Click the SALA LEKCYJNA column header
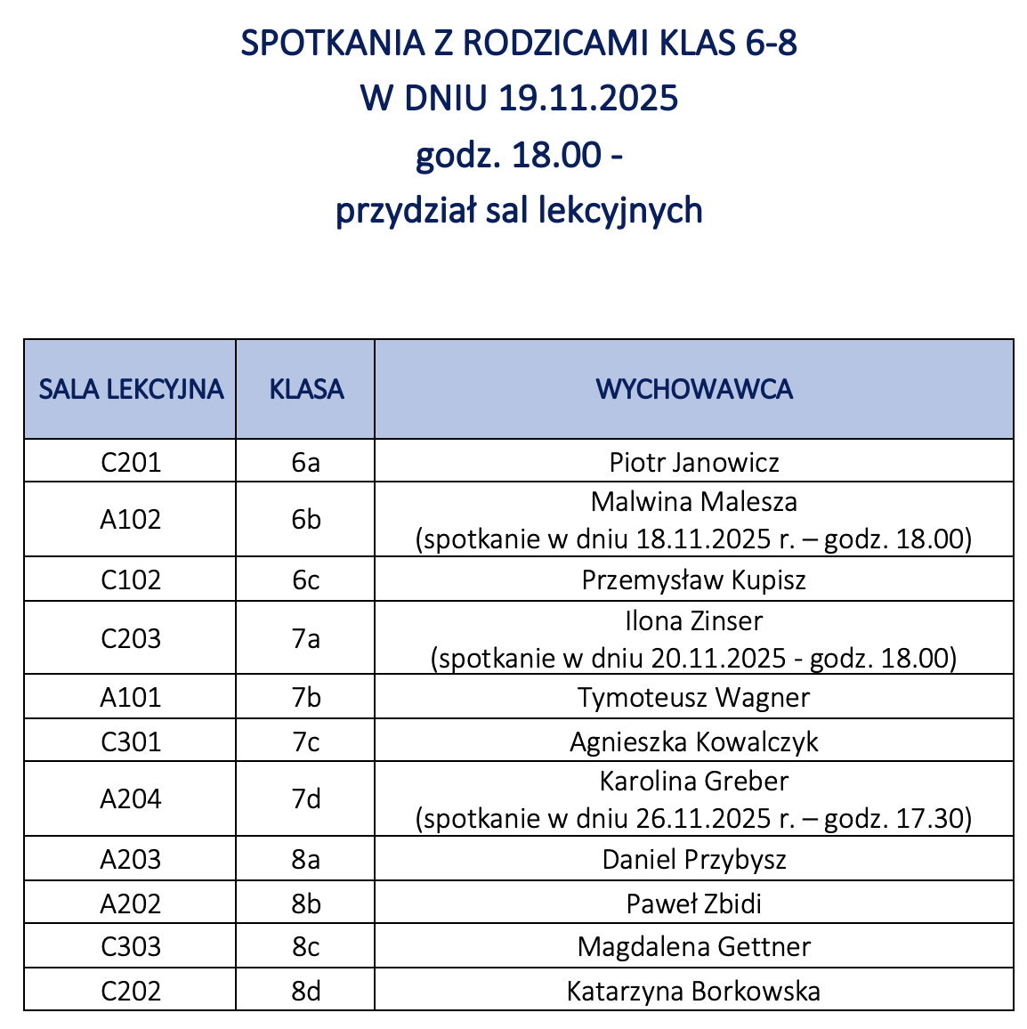131,389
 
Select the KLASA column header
306,389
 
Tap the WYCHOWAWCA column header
694,389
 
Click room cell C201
131,462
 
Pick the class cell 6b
306,520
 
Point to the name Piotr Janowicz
694,462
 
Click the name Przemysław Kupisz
694,580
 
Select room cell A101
131,697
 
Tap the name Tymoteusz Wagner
694,697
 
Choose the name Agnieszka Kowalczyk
694,741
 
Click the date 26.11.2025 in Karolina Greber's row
703,818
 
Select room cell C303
131,946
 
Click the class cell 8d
306,991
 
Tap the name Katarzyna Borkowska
694,991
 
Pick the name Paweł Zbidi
694,903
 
